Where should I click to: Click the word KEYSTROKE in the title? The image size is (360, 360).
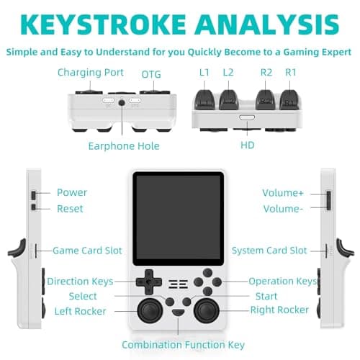coord(103,24)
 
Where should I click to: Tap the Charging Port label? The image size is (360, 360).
coord(91,73)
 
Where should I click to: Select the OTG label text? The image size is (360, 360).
coord(151,74)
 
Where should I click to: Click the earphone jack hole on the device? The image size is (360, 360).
coord(122,103)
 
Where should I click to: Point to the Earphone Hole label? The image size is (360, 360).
coord(124,146)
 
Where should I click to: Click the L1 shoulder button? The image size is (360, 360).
coord(204,99)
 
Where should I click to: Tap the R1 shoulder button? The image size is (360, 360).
coord(289,99)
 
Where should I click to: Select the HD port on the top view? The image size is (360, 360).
coord(247,117)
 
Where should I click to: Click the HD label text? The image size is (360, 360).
coord(248,145)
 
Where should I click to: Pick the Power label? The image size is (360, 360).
coord(72,192)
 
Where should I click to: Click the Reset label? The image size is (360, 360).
coord(70,209)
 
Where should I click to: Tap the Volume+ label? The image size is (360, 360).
coord(283,193)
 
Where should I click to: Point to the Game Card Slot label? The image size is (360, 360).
coord(87,251)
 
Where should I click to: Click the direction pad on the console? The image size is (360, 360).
coord(149,282)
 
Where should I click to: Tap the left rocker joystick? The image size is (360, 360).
coord(150,311)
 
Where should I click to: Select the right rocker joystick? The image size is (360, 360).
coord(207,311)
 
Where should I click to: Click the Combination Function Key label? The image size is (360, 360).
coord(184,345)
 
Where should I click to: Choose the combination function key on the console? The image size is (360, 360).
coord(179,312)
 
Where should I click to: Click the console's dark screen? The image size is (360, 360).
coord(179,219)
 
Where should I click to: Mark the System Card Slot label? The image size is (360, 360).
coord(269,251)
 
